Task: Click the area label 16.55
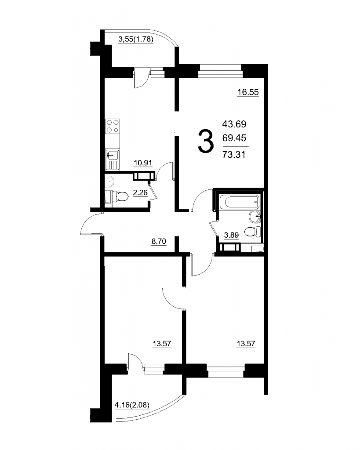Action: click(x=248, y=92)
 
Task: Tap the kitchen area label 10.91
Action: click(x=143, y=163)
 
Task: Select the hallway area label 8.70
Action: click(x=159, y=241)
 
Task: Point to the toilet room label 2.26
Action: click(x=140, y=192)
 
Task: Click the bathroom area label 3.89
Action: click(x=231, y=235)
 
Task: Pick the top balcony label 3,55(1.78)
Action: click(x=136, y=39)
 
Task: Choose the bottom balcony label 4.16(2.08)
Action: click(x=132, y=405)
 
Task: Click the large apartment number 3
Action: click(x=206, y=141)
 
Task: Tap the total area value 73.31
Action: click(x=234, y=155)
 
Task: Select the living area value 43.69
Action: click(x=234, y=124)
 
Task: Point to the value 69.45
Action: click(x=234, y=138)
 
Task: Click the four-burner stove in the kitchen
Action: click(x=113, y=126)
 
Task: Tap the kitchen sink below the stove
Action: click(x=113, y=160)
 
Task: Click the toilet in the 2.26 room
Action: click(x=120, y=196)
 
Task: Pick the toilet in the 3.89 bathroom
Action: click(x=253, y=232)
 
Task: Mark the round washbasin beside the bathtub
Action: click(x=255, y=216)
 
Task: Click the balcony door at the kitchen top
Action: click(x=141, y=78)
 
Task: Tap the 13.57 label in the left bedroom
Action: click(x=162, y=344)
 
